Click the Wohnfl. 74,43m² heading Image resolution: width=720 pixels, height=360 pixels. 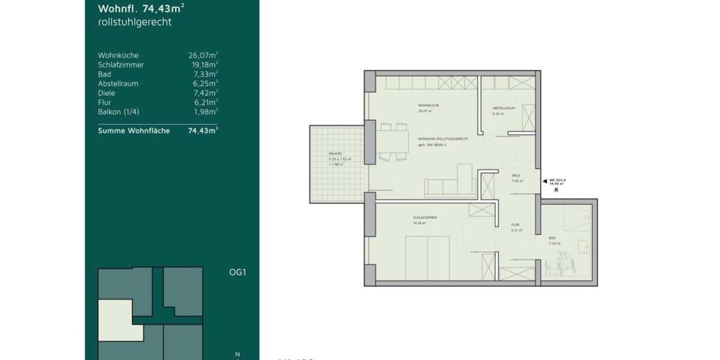click(x=141, y=8)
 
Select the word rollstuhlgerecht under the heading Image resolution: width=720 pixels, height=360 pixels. click(x=134, y=22)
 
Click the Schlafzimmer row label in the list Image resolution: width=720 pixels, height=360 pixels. click(x=121, y=65)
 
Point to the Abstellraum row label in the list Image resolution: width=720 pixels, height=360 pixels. click(x=118, y=83)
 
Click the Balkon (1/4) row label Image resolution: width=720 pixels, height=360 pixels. click(x=117, y=112)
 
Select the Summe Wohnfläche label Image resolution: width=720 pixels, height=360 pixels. click(x=134, y=130)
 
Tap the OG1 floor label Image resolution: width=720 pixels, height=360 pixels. click(x=238, y=272)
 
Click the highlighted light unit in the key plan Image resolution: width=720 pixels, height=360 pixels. click(x=117, y=315)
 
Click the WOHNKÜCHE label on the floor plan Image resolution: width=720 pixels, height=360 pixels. click(x=429, y=106)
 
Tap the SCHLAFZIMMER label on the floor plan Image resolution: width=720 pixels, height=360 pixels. click(x=424, y=218)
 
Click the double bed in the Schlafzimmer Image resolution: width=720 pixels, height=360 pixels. click(x=427, y=257)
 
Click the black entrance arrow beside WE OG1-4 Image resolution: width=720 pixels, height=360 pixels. click(x=544, y=180)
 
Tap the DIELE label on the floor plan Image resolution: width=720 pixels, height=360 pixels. click(x=515, y=175)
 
